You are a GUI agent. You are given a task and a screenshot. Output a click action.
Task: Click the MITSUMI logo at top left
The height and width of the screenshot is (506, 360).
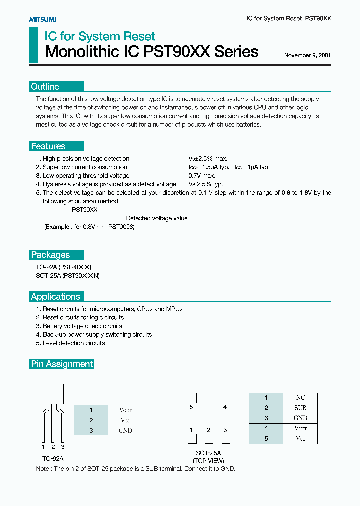(x=42, y=19)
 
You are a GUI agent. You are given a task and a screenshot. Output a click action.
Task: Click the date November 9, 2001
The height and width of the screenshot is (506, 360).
(x=307, y=55)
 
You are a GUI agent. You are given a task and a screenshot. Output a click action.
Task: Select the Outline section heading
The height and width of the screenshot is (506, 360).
(x=45, y=87)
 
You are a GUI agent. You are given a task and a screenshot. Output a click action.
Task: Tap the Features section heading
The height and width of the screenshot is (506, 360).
(x=48, y=146)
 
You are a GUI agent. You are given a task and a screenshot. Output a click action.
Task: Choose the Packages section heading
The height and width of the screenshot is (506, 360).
(x=50, y=255)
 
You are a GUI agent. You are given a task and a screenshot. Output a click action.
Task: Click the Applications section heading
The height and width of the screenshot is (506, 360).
(x=55, y=297)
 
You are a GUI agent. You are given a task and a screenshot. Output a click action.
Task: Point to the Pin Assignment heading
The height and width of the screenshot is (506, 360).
(x=62, y=364)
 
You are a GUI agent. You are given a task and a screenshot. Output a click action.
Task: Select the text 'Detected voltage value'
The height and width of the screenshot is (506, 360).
(x=157, y=218)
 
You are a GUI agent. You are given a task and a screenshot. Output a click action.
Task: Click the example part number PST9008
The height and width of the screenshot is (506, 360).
(x=121, y=227)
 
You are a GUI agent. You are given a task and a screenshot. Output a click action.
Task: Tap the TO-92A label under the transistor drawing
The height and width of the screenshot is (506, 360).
(x=53, y=458)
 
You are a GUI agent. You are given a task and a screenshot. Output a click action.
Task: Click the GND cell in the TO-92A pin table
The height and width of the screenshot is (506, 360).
(x=125, y=430)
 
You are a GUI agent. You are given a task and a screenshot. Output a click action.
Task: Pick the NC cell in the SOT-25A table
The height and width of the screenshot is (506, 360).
(x=300, y=398)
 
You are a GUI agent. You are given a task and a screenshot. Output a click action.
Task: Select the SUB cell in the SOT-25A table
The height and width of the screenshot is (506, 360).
(x=300, y=408)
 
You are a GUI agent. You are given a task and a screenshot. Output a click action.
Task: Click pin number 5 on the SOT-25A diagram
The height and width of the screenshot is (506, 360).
(x=191, y=407)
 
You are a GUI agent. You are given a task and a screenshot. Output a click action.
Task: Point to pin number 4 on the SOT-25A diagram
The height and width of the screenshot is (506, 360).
(x=225, y=407)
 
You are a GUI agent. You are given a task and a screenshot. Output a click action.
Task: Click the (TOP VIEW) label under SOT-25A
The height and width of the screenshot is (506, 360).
(x=209, y=461)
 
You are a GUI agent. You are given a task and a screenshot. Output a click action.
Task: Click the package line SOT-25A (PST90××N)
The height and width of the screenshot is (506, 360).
(x=68, y=275)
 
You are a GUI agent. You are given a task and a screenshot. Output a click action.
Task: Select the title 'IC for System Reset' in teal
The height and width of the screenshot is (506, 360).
(x=100, y=36)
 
